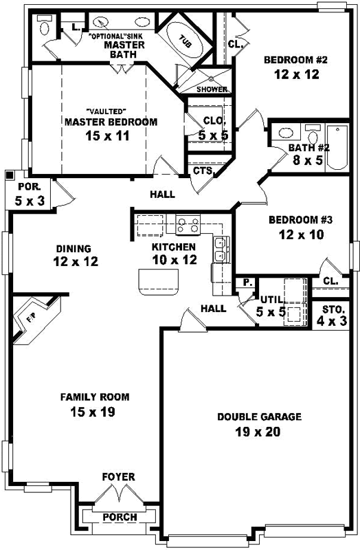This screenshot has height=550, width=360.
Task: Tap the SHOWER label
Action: [x=212, y=89]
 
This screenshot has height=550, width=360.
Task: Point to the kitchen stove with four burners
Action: [x=188, y=223]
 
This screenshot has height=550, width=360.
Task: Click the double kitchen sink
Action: [x=221, y=250]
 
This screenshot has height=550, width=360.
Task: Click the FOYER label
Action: [x=119, y=477]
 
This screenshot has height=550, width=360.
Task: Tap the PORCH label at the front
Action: [x=120, y=517]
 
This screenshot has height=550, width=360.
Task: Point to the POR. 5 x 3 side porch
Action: [x=28, y=193]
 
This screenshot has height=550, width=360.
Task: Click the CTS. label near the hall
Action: [x=202, y=170]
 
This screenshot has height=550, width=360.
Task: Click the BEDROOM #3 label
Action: [x=300, y=220]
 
